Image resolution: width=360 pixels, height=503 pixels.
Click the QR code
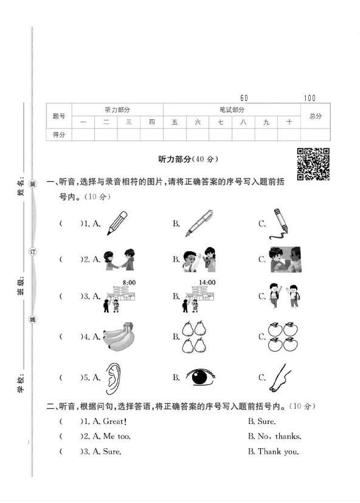(x=313, y=164)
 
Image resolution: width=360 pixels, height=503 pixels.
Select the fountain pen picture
(x=198, y=223)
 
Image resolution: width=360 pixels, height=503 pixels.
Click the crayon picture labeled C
(x=278, y=223)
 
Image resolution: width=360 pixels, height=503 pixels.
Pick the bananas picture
(x=122, y=336)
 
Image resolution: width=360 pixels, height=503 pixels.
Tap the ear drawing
(x=114, y=377)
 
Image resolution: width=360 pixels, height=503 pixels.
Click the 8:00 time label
(x=128, y=282)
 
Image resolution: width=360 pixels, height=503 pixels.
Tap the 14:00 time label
(x=207, y=282)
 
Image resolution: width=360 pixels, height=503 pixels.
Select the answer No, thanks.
(x=274, y=436)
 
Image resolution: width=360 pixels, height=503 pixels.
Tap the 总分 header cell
(x=315, y=116)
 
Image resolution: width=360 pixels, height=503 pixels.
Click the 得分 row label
(x=59, y=134)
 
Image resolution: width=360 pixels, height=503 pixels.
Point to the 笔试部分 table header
(x=232, y=109)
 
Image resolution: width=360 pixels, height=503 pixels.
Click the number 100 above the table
(x=310, y=98)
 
